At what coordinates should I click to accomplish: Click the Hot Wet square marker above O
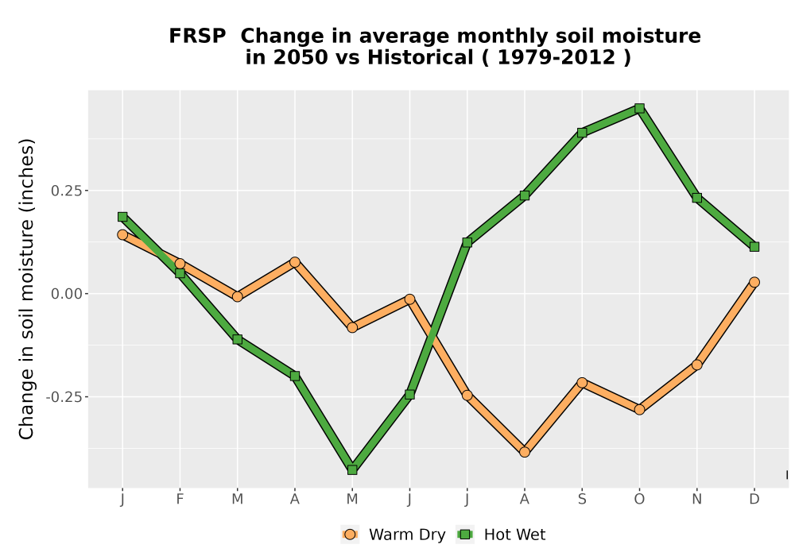click(639, 108)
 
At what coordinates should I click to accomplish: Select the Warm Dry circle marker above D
click(754, 282)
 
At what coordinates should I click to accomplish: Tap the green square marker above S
click(582, 133)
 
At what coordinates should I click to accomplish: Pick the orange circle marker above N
click(697, 365)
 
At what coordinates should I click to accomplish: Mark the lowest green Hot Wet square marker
click(352, 470)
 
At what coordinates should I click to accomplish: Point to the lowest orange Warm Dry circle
click(525, 452)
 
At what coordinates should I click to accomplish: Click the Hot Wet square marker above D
click(754, 246)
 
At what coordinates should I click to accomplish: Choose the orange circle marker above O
click(639, 409)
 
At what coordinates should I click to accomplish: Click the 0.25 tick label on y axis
click(67, 191)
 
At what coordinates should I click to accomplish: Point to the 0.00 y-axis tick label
click(67, 294)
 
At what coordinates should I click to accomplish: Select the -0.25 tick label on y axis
click(64, 397)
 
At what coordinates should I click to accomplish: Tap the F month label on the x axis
click(180, 500)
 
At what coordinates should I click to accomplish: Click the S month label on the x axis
click(582, 500)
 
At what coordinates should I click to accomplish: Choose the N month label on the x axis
click(697, 500)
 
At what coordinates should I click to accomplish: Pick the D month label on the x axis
click(754, 500)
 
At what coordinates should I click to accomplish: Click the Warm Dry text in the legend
click(407, 535)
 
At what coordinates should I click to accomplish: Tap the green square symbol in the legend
click(465, 535)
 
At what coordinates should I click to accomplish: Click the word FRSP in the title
click(197, 37)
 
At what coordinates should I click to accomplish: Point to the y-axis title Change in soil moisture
click(26, 288)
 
